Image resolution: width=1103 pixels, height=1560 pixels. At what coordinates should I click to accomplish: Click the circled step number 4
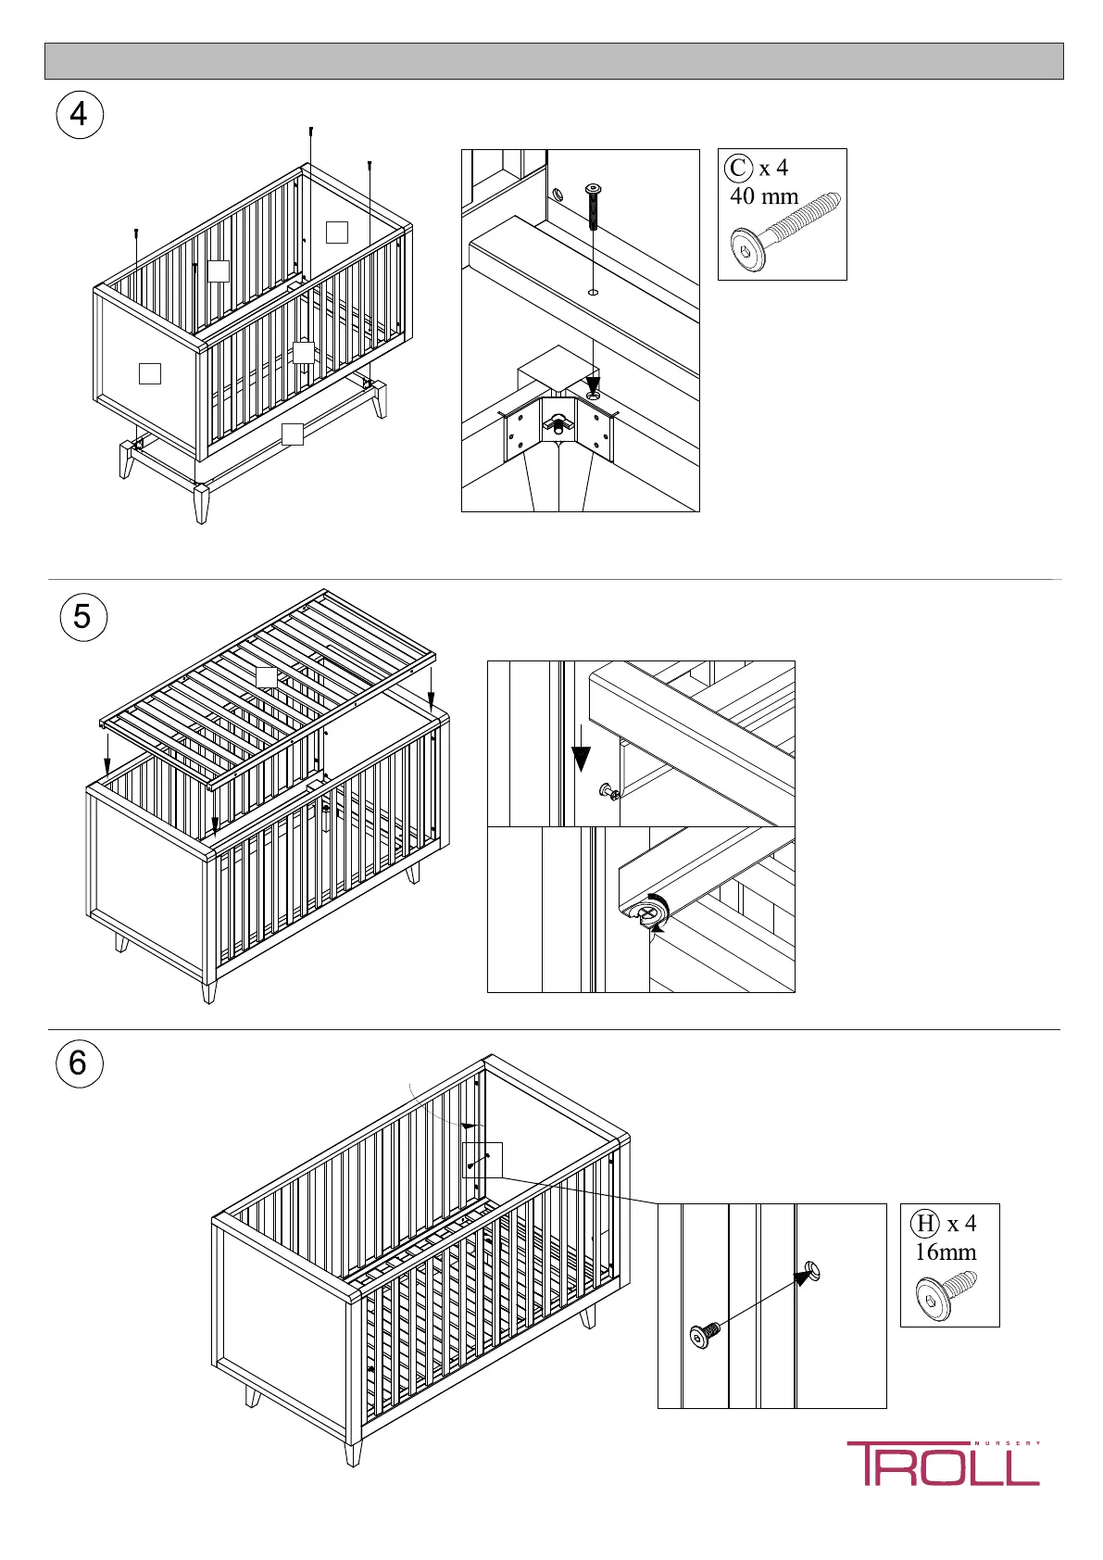[x=80, y=115]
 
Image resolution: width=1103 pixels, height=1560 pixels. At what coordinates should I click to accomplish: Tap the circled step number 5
[x=82, y=616]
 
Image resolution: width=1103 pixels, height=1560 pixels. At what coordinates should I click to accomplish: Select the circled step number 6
[x=79, y=1063]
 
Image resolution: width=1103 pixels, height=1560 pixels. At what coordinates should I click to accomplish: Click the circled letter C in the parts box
[x=738, y=169]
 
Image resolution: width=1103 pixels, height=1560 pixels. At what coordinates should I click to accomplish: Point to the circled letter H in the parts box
[x=925, y=1224]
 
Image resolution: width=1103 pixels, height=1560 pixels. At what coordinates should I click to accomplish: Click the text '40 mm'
[x=764, y=196]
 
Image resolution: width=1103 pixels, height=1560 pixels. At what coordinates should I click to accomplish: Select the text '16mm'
[x=946, y=1252]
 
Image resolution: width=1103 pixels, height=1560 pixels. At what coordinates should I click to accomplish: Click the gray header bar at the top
[x=554, y=61]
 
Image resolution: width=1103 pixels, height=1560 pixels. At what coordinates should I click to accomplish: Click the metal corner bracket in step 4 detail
[x=558, y=430]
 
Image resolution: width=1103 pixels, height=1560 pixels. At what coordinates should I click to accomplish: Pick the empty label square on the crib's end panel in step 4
[x=149, y=373]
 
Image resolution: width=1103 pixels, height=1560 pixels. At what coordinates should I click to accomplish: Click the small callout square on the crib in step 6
[x=482, y=1159]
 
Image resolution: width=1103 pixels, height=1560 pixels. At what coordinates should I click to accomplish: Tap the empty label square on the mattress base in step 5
[x=266, y=676]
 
